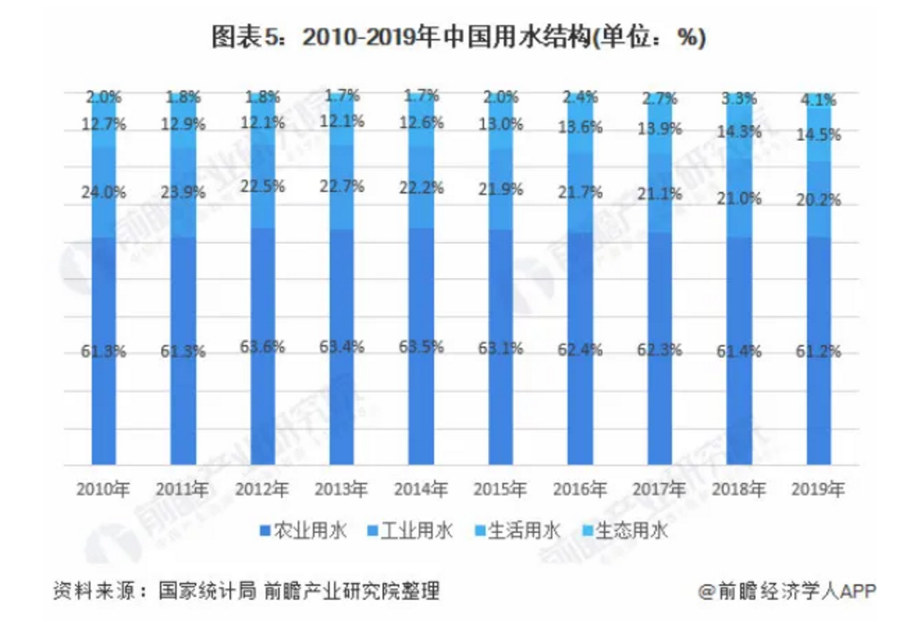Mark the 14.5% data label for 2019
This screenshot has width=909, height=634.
click(x=819, y=135)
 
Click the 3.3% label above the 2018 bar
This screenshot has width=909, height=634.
click(x=739, y=97)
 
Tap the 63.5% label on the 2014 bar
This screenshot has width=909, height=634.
click(x=421, y=348)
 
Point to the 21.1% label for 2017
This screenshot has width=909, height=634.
click(x=659, y=194)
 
